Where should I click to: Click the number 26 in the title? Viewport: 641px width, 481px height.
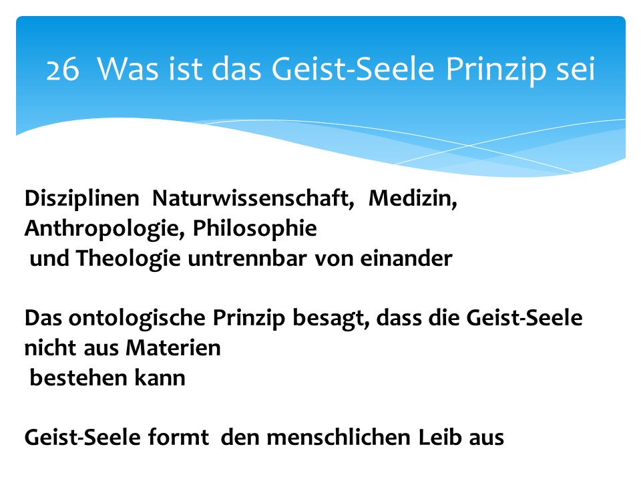click(x=63, y=69)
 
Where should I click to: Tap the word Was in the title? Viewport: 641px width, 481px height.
click(x=128, y=68)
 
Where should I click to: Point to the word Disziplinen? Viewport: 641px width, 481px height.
click(x=81, y=199)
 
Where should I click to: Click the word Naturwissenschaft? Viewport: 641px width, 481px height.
click(x=253, y=198)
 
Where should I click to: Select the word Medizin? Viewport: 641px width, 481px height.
click(x=413, y=198)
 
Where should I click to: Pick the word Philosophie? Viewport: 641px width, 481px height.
click(x=254, y=229)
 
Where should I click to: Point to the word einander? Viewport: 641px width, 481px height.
click(x=406, y=259)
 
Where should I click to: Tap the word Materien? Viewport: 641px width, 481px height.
click(x=174, y=348)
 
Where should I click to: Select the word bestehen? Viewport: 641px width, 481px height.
click(x=79, y=378)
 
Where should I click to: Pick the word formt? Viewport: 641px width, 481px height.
click(x=178, y=437)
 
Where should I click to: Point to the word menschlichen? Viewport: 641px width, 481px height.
click(x=339, y=437)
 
